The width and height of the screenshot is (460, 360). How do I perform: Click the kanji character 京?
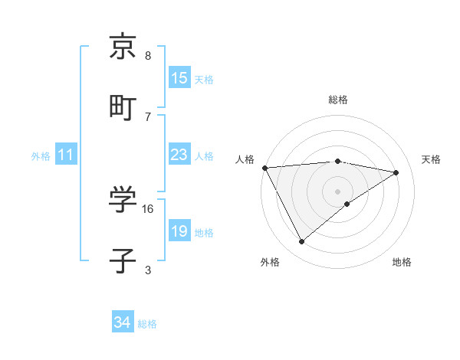[x=123, y=47]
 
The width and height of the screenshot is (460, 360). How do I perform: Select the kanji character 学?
[x=123, y=200]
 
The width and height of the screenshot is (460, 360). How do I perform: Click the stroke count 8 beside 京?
[x=148, y=56]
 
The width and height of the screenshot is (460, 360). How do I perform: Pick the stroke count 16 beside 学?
[x=148, y=208]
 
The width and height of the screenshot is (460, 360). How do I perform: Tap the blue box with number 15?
[x=179, y=78]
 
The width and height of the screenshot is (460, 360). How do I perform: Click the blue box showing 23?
[x=179, y=155]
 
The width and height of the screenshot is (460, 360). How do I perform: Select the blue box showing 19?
[x=179, y=231]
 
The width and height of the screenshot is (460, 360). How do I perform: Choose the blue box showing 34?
[x=123, y=323]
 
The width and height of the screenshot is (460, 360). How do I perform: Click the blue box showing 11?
[x=66, y=155]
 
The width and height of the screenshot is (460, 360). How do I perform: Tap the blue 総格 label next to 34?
[x=147, y=324]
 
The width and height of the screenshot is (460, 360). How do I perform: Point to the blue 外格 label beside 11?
[x=41, y=155]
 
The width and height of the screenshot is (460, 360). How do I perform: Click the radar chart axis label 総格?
[x=337, y=100]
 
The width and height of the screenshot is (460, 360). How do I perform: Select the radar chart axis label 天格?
[x=431, y=159]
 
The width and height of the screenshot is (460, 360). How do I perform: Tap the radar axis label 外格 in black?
[x=269, y=262]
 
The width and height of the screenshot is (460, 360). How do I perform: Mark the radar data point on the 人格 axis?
[x=264, y=168]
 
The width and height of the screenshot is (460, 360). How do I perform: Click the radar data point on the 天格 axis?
[x=396, y=172]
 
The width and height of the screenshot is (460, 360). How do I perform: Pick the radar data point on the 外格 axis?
[x=301, y=242]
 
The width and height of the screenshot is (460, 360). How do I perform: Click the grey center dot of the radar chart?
[x=337, y=191]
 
